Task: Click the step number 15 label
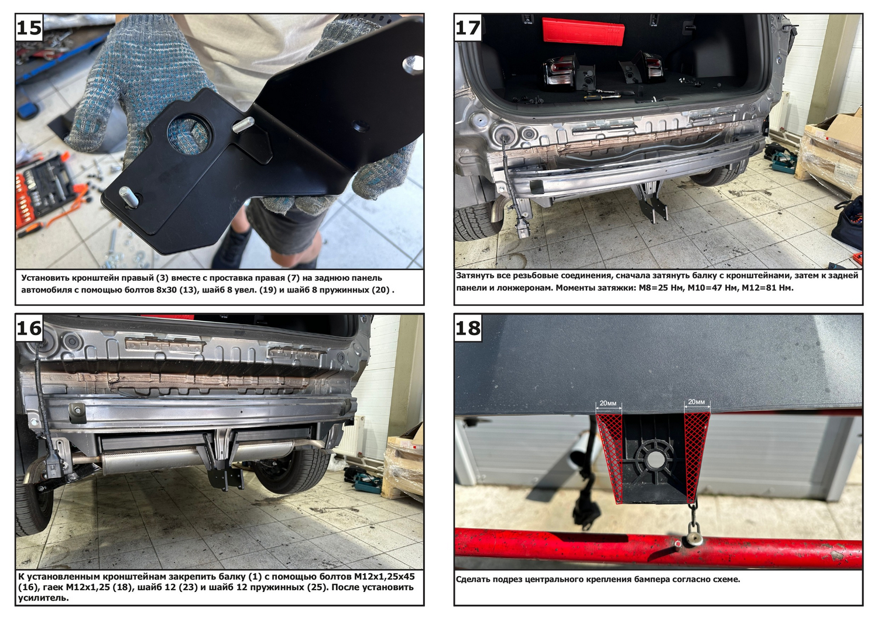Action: (x=29, y=27)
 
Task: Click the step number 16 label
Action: (x=29, y=328)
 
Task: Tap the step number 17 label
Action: (x=468, y=27)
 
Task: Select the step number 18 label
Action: (x=468, y=328)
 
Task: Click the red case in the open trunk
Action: (x=583, y=32)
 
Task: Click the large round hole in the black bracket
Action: (x=189, y=133)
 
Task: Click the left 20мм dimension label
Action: (x=608, y=402)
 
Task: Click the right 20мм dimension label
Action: (x=697, y=402)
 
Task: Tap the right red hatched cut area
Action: (x=697, y=454)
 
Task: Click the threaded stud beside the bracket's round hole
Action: (x=243, y=124)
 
